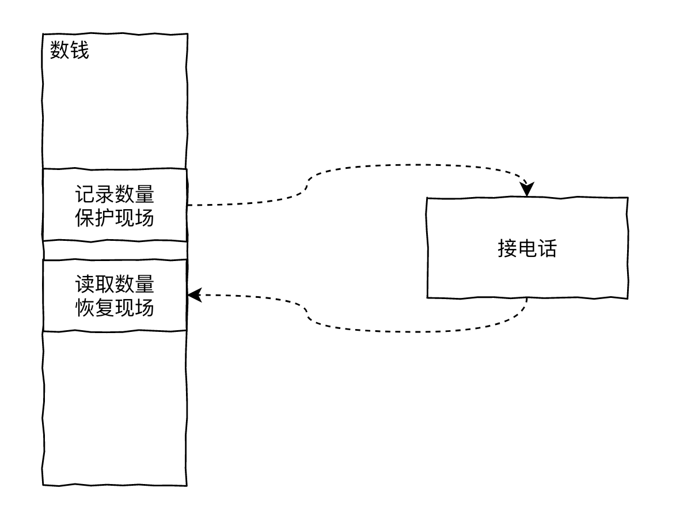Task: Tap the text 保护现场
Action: point(115,218)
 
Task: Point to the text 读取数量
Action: point(115,285)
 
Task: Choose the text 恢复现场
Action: point(115,308)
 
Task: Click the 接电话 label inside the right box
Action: point(527,248)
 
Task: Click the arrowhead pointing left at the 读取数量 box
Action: point(195,295)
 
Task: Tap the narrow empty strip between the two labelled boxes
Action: point(115,250)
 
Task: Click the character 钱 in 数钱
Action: point(79,50)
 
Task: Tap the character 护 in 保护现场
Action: point(105,218)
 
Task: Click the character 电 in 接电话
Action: point(527,248)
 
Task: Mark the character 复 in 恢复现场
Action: point(105,308)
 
